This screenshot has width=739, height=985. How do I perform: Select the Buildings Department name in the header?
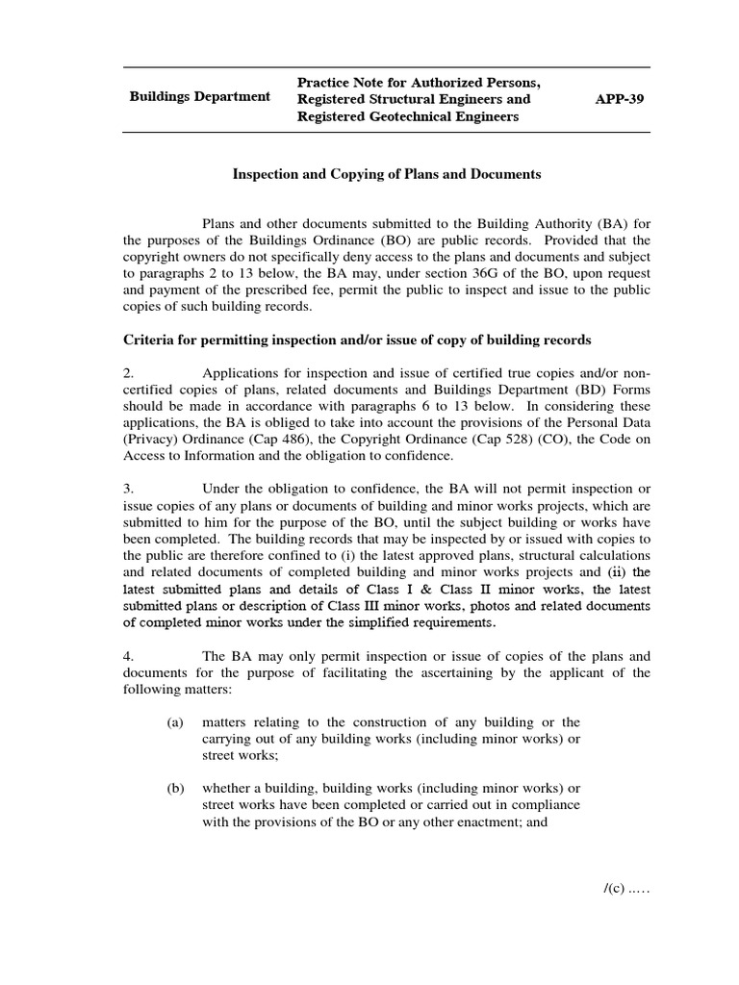click(200, 98)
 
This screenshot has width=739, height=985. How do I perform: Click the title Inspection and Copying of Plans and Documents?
click(388, 174)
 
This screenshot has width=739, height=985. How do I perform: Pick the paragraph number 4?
click(130, 657)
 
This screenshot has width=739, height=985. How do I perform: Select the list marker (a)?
click(175, 722)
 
